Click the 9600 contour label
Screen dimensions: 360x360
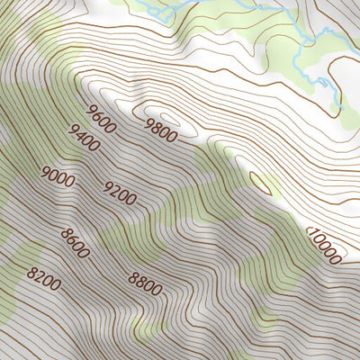[101, 119]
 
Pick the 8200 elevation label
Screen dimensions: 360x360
[44, 279]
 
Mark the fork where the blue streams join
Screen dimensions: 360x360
[307, 40]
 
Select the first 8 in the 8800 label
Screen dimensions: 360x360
[133, 276]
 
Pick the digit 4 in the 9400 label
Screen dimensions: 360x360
[78, 134]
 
